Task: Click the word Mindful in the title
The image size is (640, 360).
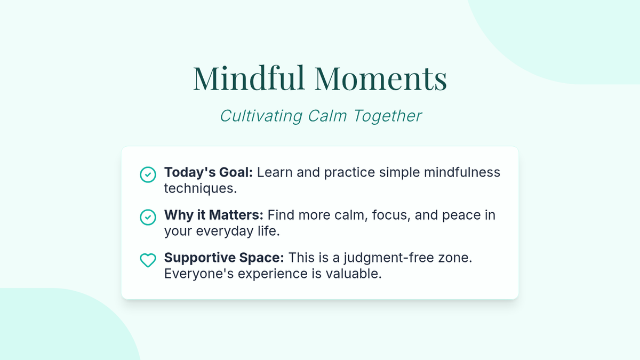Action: coord(249,78)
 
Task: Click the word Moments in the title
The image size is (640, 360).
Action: coord(381,78)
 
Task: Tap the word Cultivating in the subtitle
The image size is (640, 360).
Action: coord(261,116)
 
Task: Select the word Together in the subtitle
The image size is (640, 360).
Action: coord(387,116)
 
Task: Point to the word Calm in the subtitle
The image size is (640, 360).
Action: coord(327,116)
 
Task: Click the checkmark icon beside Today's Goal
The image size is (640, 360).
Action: coord(148,174)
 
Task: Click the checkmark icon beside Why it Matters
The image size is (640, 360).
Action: coord(148,217)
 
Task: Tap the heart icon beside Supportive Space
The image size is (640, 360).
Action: coord(148,260)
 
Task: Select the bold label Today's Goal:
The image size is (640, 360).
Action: coord(209,173)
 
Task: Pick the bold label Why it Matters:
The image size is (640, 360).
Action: coord(213,215)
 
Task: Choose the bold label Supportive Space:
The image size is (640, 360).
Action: coord(224,258)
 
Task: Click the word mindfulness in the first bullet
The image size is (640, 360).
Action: coord(462,172)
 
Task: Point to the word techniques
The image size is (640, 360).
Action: coord(201,189)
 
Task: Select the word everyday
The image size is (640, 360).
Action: coord(225,231)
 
